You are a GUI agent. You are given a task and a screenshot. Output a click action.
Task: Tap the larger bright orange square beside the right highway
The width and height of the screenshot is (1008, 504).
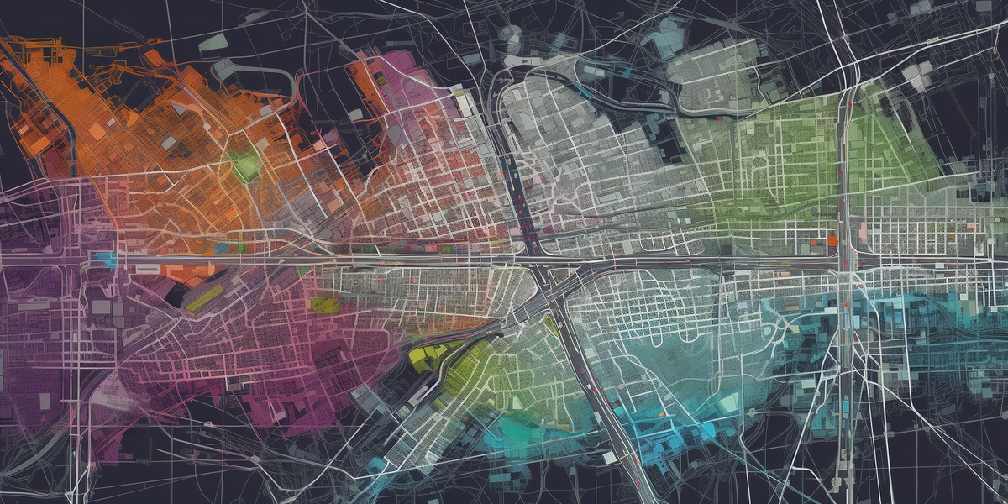(832, 241)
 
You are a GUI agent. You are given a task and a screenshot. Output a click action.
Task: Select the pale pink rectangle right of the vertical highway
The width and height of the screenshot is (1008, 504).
(863, 230)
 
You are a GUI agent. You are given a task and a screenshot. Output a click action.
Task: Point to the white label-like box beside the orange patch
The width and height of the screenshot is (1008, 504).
(147, 268)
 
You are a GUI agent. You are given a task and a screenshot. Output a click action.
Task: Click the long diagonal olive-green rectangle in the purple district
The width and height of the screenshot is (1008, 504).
(204, 297)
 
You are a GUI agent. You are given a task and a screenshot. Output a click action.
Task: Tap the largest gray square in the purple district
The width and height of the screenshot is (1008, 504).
(102, 307)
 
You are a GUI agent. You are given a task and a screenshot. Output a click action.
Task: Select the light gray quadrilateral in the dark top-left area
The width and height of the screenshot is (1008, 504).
(213, 42)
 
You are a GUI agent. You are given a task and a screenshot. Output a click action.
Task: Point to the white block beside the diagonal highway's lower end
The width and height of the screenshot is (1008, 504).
(606, 458)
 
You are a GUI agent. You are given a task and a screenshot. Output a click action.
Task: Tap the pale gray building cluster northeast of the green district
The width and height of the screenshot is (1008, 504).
(916, 76)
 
